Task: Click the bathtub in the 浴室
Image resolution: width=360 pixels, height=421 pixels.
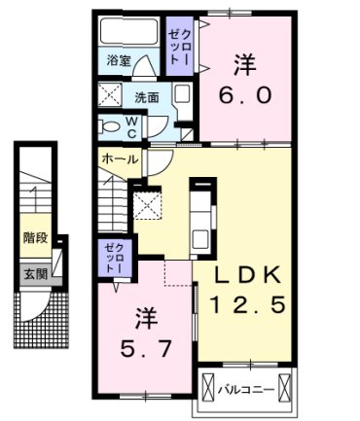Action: (129, 31)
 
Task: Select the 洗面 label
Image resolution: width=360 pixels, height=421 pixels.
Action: (147, 97)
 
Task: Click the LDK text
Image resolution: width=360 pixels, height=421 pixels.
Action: (248, 274)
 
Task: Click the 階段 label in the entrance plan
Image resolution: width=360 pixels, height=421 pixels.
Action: (35, 237)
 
